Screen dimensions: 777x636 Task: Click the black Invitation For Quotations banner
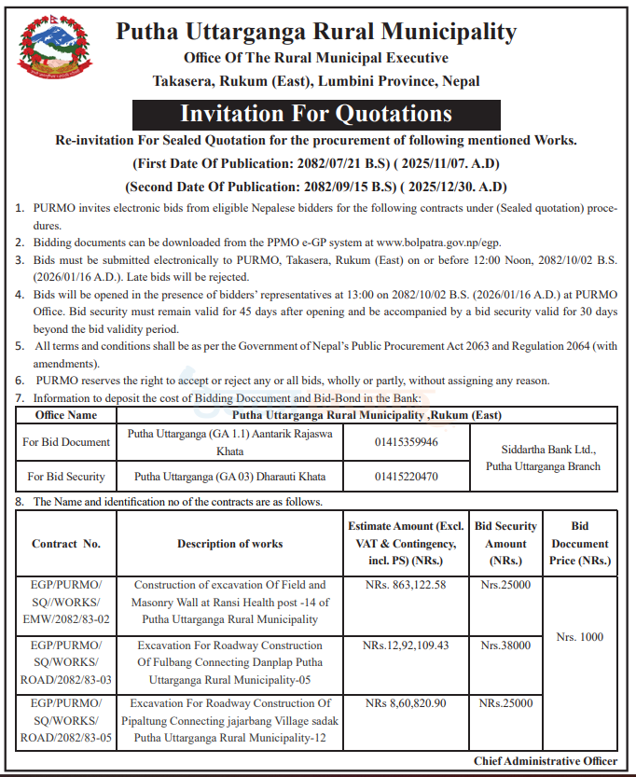point(315,114)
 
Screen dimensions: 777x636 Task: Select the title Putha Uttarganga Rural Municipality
point(316,32)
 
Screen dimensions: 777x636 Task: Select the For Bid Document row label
point(66,442)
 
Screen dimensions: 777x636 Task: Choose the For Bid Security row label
point(66,477)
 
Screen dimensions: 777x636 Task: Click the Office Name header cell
point(66,414)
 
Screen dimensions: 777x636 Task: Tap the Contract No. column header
point(66,544)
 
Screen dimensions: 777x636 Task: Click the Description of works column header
point(230,544)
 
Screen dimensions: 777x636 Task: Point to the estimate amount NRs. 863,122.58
point(405,585)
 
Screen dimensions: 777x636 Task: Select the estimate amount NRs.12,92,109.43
point(406,645)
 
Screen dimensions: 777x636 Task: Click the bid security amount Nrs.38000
point(505,645)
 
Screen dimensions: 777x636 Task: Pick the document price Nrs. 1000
point(579,637)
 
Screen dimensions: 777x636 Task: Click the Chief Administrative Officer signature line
point(545,761)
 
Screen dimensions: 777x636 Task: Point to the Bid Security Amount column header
point(505,544)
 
